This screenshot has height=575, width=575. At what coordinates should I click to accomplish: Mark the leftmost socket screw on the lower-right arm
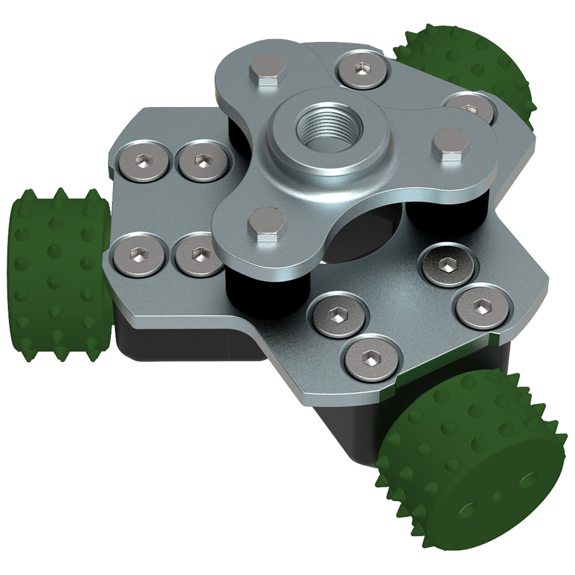pyautogui.click(x=337, y=313)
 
